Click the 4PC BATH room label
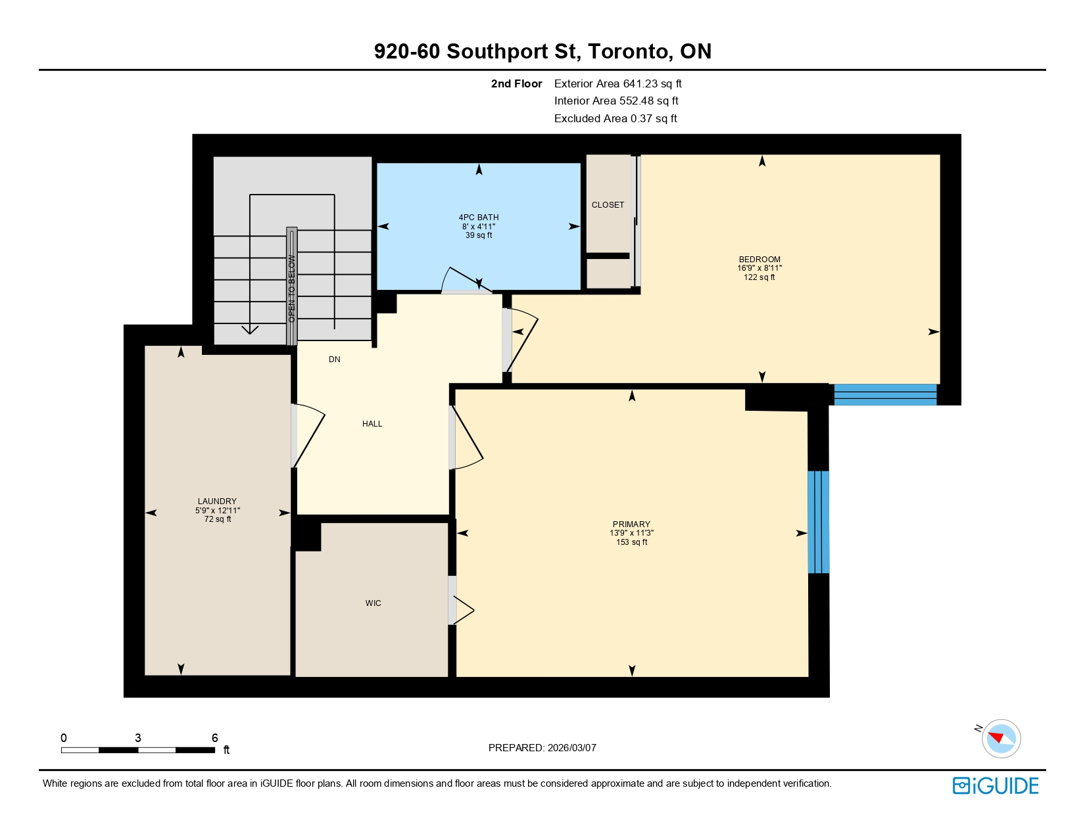tap(478, 218)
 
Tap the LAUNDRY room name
tap(217, 501)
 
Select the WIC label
tap(373, 603)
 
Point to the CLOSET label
tap(608, 205)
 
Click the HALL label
tap(372, 424)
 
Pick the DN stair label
tap(335, 360)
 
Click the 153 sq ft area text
tap(631, 542)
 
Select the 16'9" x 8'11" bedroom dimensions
tap(759, 268)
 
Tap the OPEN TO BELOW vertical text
tap(291, 288)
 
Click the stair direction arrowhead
tap(250, 329)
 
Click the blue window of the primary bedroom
tap(818, 522)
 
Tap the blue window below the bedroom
tap(884, 394)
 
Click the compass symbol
tap(1001, 738)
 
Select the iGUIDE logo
tap(995, 785)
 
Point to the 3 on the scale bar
tap(137, 738)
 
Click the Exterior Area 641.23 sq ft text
tap(617, 83)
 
